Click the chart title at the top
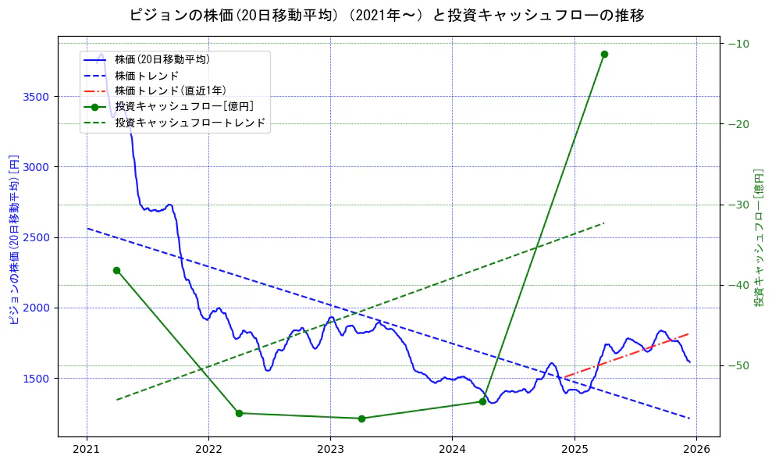coord(386,15)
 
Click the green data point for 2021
coord(116,270)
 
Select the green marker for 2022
coord(239,413)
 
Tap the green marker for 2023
coord(361,418)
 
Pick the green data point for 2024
coord(482,401)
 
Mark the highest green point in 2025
coord(604,54)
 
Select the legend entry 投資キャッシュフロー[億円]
coord(183,107)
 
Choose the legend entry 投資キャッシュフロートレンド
coord(190,123)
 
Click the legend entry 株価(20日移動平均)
coord(162,59)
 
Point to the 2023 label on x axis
coord(330,449)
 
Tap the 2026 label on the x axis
coord(696,449)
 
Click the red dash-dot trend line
coord(624,355)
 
